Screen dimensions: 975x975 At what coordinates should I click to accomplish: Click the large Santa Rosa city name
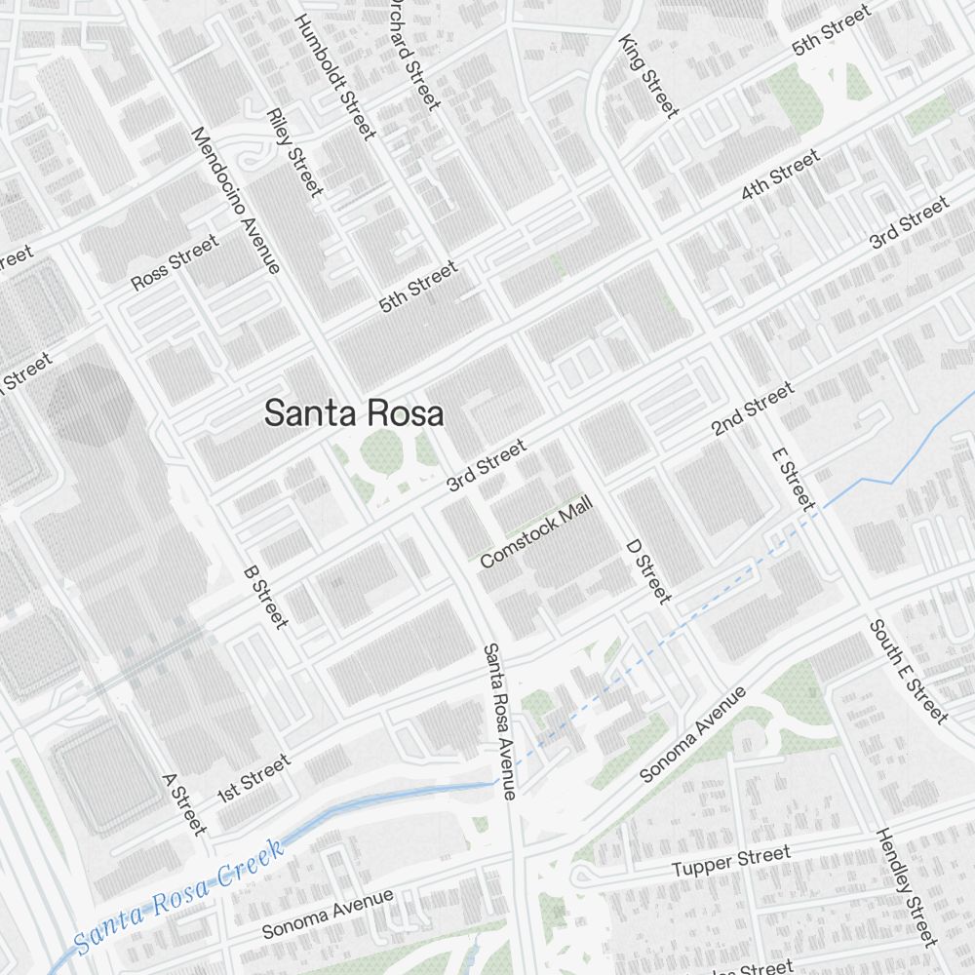click(354, 413)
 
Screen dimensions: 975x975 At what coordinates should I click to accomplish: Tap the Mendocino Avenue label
click(236, 200)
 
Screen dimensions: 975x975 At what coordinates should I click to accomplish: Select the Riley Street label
click(293, 152)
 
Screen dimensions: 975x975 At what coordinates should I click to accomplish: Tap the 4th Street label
click(780, 175)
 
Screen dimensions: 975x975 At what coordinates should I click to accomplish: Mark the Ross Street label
click(175, 263)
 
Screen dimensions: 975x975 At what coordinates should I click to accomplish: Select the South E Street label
click(909, 672)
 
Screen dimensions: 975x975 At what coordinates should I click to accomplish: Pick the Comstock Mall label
click(536, 536)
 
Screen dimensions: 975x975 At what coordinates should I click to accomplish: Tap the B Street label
click(265, 596)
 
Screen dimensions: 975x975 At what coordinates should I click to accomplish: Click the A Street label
click(184, 804)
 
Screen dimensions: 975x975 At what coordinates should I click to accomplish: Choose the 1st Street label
click(253, 777)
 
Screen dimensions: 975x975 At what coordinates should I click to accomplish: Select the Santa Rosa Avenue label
click(498, 721)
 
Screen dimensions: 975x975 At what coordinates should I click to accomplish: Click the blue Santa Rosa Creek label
click(180, 894)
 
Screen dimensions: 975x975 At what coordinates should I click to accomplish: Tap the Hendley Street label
click(906, 887)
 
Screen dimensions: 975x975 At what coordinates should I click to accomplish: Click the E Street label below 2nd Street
click(792, 478)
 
